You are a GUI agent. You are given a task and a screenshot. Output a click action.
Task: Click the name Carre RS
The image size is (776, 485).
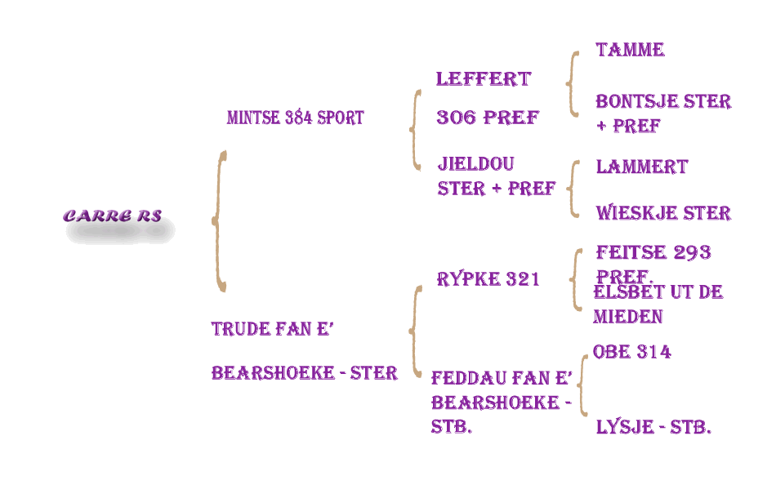coord(113,216)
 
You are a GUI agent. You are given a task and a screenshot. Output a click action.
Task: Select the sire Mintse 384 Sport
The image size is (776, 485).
coord(295,118)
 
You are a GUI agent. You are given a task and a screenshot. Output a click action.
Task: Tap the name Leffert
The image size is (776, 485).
coord(484,79)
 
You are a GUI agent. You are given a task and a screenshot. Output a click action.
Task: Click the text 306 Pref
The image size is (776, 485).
coord(488,118)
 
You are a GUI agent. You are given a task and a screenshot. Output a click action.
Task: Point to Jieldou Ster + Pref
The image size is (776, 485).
coord(496,176)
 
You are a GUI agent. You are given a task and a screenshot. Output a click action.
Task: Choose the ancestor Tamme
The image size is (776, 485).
coord(630,50)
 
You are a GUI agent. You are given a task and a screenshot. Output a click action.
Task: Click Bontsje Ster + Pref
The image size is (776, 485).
coord(662,113)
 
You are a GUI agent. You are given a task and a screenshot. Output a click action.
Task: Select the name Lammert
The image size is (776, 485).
coord(641,167)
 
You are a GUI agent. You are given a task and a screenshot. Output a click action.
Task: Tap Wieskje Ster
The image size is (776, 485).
coord(662,213)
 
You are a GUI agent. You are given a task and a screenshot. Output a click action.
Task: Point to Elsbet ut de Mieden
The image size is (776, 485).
coord(658,305)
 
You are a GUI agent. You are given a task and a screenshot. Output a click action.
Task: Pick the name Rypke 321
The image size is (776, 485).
coord(488,279)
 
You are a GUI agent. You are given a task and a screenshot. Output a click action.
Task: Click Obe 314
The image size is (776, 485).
coord(631,352)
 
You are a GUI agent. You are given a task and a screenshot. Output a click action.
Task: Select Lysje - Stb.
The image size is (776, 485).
coord(653,427)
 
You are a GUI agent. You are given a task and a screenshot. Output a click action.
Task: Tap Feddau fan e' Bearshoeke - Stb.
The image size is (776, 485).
coord(501,402)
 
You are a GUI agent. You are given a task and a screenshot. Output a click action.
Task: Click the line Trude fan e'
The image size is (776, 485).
coord(273,329)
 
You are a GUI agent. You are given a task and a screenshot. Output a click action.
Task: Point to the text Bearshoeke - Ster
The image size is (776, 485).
coord(304,373)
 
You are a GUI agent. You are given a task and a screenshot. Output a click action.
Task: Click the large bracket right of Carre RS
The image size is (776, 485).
coord(219,220)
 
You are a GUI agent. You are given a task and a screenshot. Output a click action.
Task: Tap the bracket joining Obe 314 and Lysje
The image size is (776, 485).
coord(583,385)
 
